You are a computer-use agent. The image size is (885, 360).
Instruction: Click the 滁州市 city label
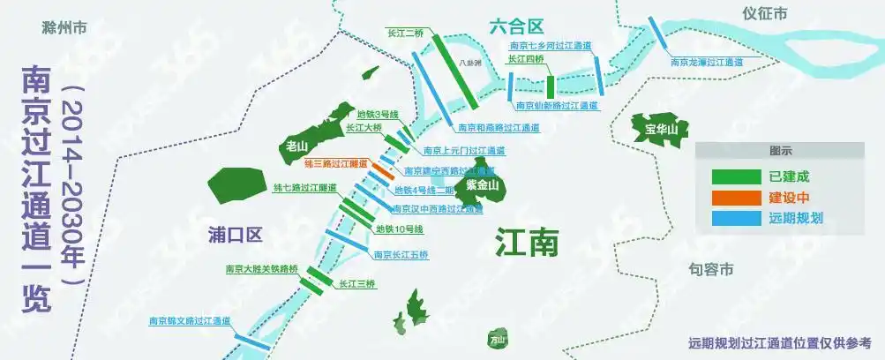click(64, 27)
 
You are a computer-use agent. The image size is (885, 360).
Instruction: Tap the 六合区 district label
click(514, 27)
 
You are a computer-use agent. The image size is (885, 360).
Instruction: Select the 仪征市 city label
click(764, 13)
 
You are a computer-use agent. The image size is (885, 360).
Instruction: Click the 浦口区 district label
click(236, 235)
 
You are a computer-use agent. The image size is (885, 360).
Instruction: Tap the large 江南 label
click(527, 243)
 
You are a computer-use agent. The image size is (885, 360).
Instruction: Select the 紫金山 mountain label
click(483, 185)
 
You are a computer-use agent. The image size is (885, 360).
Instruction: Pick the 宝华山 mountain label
click(661, 131)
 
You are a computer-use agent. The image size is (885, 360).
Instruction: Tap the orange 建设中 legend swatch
click(736, 197)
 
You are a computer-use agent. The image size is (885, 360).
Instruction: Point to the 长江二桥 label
click(406, 33)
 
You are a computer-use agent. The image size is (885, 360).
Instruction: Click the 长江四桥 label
click(526, 60)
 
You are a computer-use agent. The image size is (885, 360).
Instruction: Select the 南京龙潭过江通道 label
click(706, 63)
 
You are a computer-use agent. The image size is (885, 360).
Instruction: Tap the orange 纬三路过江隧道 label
click(334, 164)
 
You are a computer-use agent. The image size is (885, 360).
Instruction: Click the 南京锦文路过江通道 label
click(189, 320)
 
